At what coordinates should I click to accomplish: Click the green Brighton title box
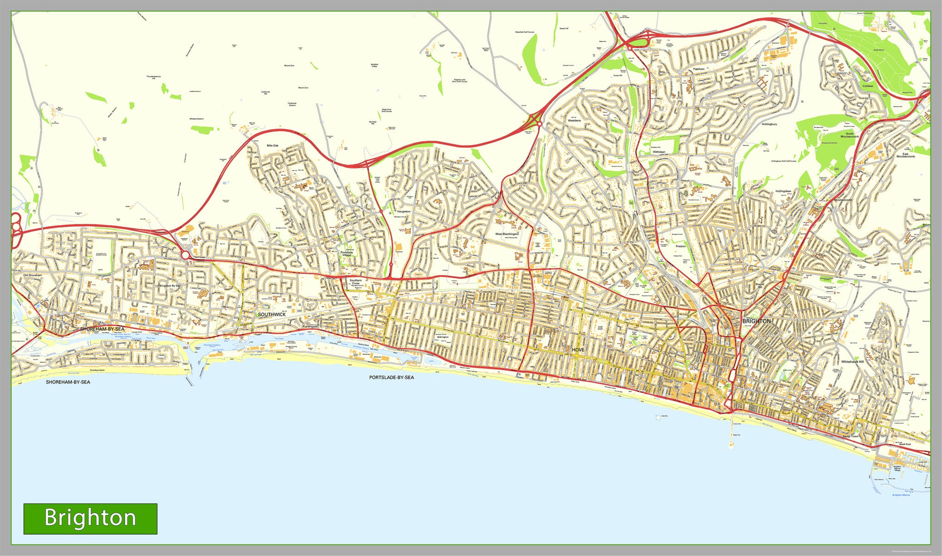click(90, 519)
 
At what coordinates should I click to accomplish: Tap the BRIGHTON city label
click(756, 321)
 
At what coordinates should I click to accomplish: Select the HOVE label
click(578, 350)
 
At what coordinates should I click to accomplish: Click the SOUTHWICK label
click(272, 314)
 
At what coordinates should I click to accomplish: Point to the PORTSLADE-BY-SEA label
click(391, 377)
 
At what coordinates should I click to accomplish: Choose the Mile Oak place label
click(272, 145)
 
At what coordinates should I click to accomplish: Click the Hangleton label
click(404, 212)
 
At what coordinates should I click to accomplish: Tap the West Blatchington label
click(507, 234)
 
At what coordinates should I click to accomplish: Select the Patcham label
click(699, 69)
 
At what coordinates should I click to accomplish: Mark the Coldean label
click(868, 86)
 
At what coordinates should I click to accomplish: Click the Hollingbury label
click(769, 124)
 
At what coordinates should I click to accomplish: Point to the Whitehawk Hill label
click(852, 362)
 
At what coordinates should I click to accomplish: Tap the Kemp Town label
click(850, 436)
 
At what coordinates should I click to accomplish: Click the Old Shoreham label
click(32, 275)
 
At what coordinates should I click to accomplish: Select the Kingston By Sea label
click(170, 286)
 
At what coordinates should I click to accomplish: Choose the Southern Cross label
click(355, 282)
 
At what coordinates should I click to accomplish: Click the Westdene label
click(574, 121)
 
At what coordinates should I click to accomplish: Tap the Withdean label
click(659, 152)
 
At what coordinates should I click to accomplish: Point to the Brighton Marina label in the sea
click(901, 495)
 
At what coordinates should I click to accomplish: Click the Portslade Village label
click(347, 254)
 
